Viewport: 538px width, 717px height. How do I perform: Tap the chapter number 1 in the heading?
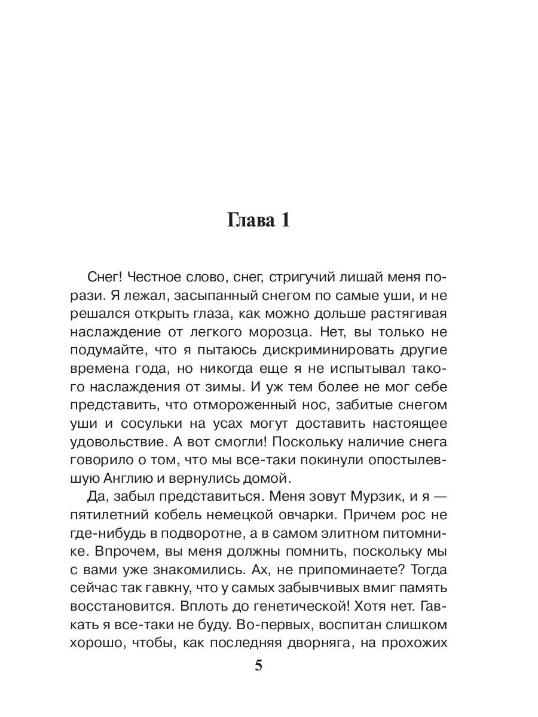(285, 220)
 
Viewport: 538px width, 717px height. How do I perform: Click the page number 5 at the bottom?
(258, 666)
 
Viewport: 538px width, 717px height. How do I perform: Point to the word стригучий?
(304, 278)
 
